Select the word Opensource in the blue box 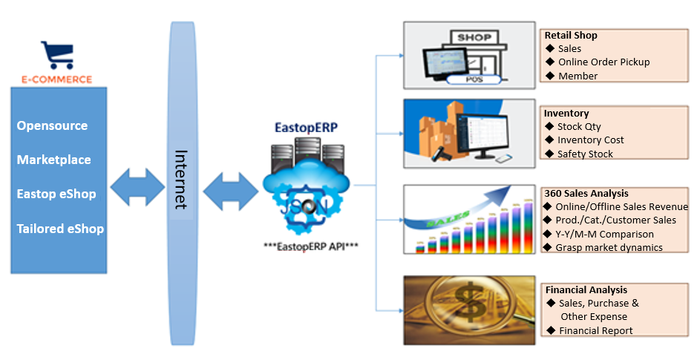[52, 125]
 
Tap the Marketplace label [53, 160]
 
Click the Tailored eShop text [60, 229]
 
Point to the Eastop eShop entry [56, 194]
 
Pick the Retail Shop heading [571, 35]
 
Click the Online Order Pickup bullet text [603, 62]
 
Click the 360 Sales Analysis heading [586, 193]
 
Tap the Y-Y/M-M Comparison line [604, 234]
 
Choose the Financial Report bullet [595, 330]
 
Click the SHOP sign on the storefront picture [474, 37]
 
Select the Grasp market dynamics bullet [609, 247]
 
